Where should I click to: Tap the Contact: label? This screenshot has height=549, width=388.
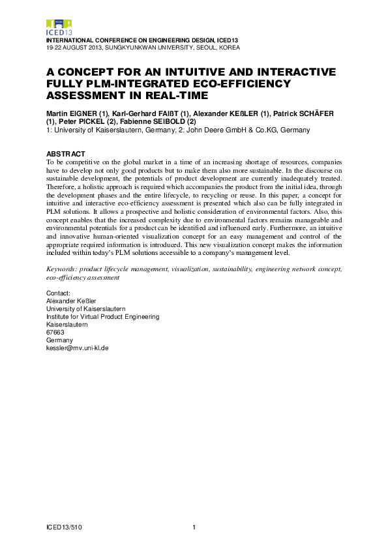pyautogui.click(x=58, y=293)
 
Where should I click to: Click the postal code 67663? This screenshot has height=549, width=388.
pyautogui.click(x=55, y=333)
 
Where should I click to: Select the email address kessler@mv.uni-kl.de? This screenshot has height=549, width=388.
pyautogui.click(x=77, y=348)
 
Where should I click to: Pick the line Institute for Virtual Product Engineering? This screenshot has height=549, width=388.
pyautogui.click(x=102, y=317)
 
